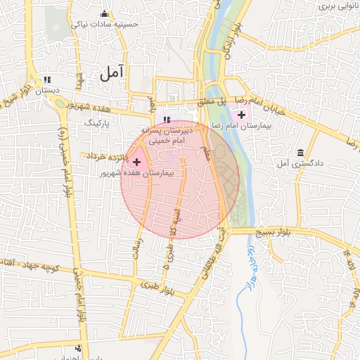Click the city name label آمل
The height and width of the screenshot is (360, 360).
tap(112, 72)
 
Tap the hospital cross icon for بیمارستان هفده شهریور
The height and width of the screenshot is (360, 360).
tap(136, 162)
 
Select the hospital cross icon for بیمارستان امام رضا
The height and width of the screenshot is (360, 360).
tap(242, 115)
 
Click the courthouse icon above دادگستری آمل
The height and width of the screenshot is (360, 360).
tap(301, 153)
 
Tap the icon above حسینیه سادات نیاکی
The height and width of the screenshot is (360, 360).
tap(105, 13)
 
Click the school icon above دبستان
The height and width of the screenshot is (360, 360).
tap(47, 80)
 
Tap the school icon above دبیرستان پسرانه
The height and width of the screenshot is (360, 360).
tap(167, 120)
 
